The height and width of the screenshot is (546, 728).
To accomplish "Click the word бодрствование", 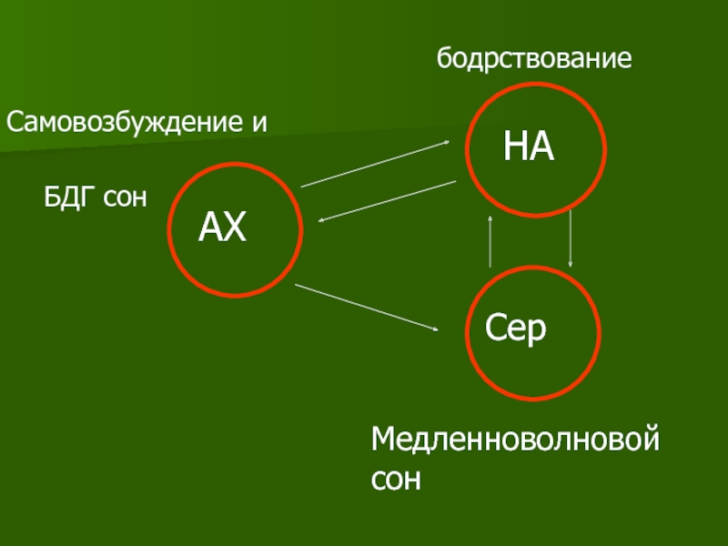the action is click(x=534, y=60).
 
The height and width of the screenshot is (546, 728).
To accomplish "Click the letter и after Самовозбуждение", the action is click(x=260, y=123).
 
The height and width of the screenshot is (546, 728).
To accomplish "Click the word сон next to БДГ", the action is click(x=125, y=197).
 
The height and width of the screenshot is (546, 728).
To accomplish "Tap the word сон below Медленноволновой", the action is click(x=397, y=479).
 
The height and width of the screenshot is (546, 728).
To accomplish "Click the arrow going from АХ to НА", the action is click(x=377, y=164).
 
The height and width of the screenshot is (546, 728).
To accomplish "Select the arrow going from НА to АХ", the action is click(x=387, y=201).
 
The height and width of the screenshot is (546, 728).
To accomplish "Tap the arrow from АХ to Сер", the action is click(x=369, y=308).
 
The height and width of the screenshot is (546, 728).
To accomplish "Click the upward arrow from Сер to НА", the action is click(x=490, y=240).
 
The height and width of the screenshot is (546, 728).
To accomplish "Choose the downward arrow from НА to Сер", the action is click(x=571, y=238).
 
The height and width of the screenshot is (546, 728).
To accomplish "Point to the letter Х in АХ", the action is click(x=235, y=227).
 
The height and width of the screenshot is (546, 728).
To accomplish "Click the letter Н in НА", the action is click(x=515, y=147).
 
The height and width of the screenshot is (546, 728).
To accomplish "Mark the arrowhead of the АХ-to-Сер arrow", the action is click(x=437, y=328).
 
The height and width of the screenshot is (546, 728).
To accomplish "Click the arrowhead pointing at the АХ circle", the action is click(x=322, y=219).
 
